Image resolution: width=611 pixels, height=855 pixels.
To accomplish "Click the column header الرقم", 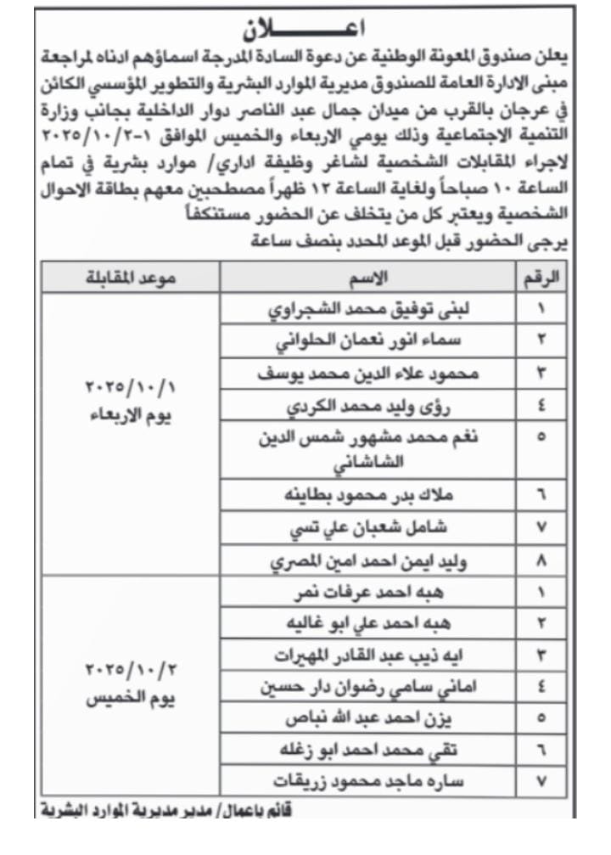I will [541, 277].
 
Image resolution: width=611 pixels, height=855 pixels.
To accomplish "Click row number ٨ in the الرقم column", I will [541, 560].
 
